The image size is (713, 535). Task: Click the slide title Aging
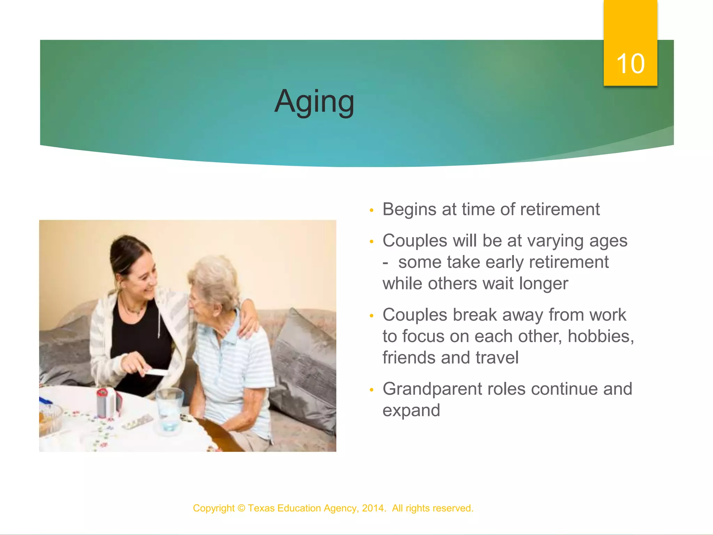314,101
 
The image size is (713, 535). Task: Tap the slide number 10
630,64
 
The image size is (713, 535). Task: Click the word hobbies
601,336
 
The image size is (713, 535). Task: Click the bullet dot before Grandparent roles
371,390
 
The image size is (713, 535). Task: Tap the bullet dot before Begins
371,210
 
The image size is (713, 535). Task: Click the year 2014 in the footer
373,508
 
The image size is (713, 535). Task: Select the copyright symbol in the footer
241,508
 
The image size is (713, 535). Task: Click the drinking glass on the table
169,408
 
